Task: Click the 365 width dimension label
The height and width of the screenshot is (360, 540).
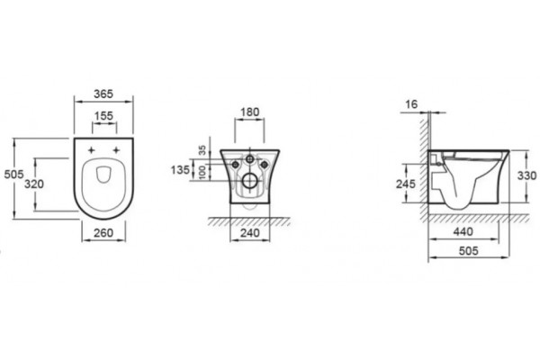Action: click(103, 94)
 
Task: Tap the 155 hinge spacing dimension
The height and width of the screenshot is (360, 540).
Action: click(104, 116)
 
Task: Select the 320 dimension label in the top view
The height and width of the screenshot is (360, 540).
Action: click(34, 184)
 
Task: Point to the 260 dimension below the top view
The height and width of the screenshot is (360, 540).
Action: click(103, 233)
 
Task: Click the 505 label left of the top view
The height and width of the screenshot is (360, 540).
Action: click(13, 175)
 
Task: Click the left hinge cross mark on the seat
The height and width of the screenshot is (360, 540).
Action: click(91, 150)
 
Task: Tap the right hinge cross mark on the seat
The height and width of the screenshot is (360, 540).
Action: click(116, 150)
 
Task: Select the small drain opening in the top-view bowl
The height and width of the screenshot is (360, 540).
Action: click(103, 175)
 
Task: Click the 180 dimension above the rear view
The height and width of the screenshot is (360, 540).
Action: click(249, 112)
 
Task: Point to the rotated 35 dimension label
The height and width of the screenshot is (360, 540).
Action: click(202, 150)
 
